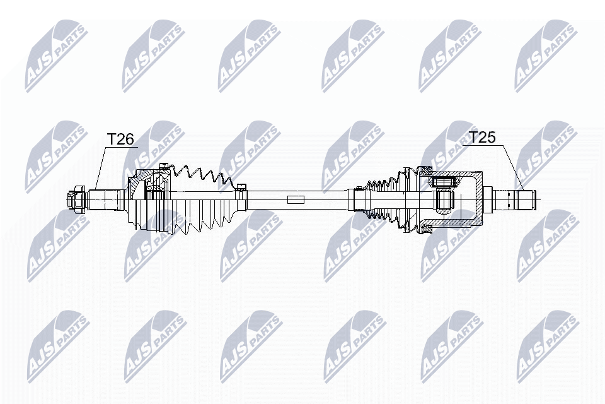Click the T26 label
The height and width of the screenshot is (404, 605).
pos(120,139)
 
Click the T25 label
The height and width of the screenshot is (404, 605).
pos(481,137)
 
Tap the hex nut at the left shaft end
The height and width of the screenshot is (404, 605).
pos(76,199)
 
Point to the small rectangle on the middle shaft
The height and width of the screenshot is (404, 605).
pos(296,200)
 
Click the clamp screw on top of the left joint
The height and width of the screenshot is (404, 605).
pos(164,167)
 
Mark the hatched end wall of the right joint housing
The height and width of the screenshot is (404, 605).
pos(479,199)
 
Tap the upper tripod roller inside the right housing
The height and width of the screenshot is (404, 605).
pos(444,182)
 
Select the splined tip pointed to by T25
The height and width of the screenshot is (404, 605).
pos(525,199)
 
